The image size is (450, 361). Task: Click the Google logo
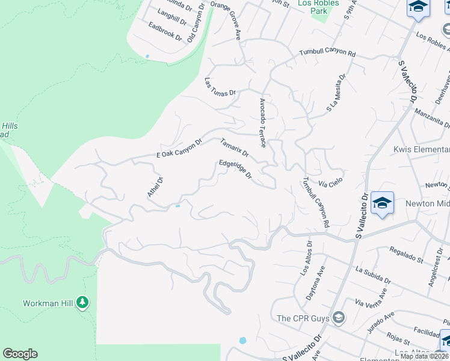tap(20, 354)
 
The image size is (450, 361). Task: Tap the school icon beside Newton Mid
tap(382, 203)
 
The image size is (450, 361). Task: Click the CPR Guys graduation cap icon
tap(339, 317)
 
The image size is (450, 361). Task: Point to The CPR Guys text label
tap(303, 318)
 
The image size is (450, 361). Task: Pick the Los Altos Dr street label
tap(306, 259)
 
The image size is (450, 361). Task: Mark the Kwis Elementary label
tap(421, 149)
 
